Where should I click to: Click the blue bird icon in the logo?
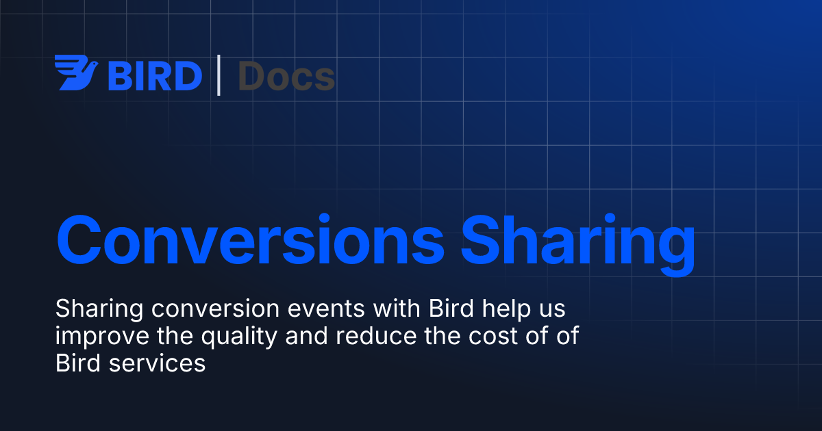click(76, 73)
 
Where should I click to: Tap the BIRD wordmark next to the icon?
click(155, 76)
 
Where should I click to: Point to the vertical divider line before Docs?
click(219, 75)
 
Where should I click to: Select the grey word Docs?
click(286, 76)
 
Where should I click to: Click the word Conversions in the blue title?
click(250, 239)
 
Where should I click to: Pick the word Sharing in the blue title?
click(578, 244)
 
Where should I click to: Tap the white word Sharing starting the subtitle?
click(99, 310)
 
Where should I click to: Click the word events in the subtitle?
click(326, 310)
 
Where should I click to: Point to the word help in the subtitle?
click(506, 310)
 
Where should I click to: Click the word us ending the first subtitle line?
click(552, 311)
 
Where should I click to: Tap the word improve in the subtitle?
click(102, 337)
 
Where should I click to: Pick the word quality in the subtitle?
click(239, 337)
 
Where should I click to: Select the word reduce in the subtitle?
click(376, 336)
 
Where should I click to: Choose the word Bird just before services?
click(78, 363)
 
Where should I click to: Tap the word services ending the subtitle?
click(157, 364)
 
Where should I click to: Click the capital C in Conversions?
click(79, 239)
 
